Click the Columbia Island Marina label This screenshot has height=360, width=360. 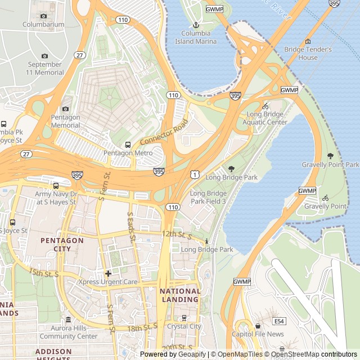tap(196, 38)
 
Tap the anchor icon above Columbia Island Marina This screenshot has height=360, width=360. tap(196, 25)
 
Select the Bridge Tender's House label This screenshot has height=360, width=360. tap(308, 53)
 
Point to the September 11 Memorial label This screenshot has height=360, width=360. tap(46, 68)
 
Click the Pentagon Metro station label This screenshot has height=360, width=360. tap(128, 153)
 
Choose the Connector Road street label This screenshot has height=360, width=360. tap(164, 133)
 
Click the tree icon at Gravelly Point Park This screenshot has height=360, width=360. tap(330, 156)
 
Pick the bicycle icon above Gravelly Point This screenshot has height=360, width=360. tap(326, 198)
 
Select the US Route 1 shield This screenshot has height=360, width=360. tap(194, 175)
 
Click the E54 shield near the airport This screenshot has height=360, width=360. tap(278, 321)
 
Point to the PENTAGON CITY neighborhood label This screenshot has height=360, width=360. tap(62, 244)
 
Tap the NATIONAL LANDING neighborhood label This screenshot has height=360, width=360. tap(180, 295)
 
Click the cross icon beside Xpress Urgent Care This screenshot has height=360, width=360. tap(108, 273)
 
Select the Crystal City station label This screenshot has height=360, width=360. tap(184, 326)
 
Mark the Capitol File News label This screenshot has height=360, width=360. tap(258, 334)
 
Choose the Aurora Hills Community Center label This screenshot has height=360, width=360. tap(69, 332)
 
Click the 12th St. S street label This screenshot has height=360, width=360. tap(177, 233)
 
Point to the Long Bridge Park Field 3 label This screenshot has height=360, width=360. tap(208, 197)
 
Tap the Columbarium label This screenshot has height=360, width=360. tap(43, 25)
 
